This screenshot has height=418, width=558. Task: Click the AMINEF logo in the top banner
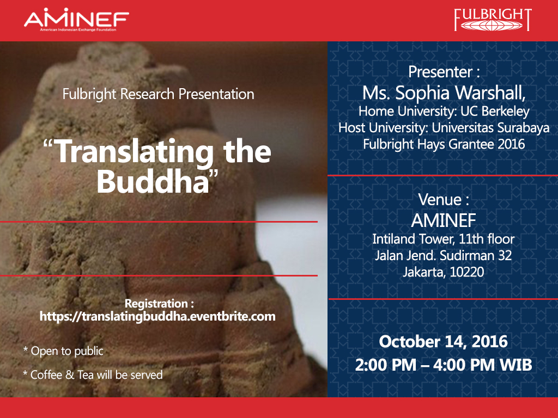pyautogui.click(x=76, y=20)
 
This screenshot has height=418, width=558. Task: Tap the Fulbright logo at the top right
pyautogui.click(x=493, y=20)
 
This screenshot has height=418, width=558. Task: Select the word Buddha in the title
pyautogui.click(x=153, y=181)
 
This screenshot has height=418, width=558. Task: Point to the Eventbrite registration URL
pyautogui.click(x=157, y=316)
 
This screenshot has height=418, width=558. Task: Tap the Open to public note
pyautogui.click(x=63, y=351)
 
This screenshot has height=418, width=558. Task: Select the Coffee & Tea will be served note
pyautogui.click(x=93, y=374)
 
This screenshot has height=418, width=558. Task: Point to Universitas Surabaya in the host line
pyautogui.click(x=490, y=127)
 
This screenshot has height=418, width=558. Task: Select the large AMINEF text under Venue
pyautogui.click(x=444, y=221)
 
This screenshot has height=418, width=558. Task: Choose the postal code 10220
pyautogui.click(x=467, y=272)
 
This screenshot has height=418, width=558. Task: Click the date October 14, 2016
pyautogui.click(x=443, y=342)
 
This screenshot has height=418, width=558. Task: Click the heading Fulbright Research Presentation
pyautogui.click(x=159, y=94)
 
